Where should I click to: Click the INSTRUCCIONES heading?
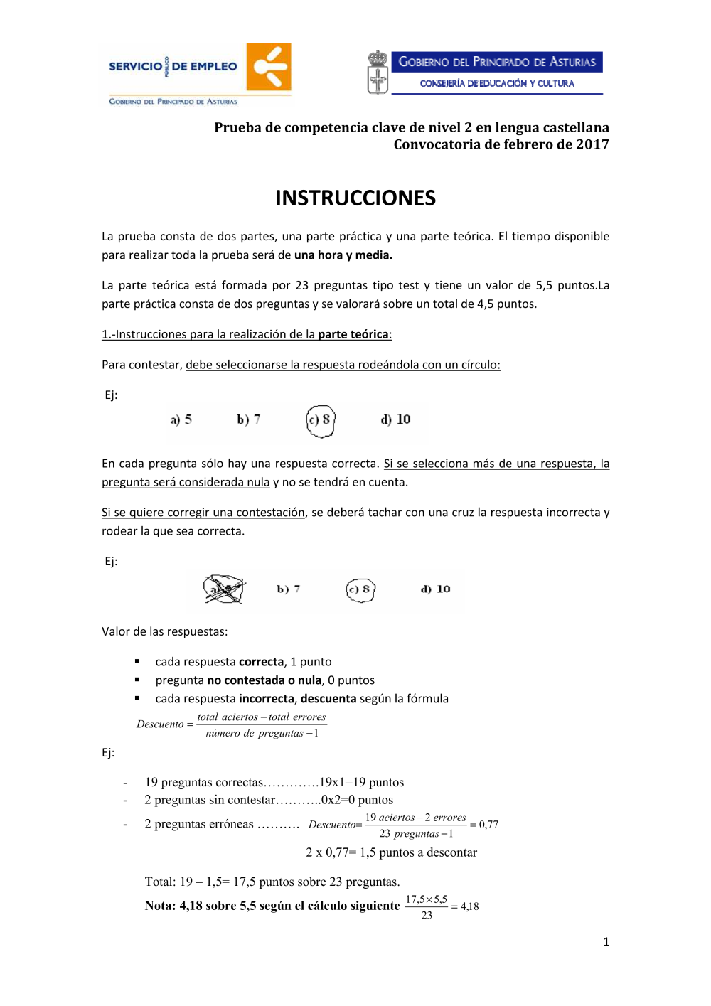click(x=355, y=198)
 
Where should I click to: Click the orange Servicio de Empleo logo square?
click(x=269, y=67)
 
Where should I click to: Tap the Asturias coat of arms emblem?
click(x=378, y=73)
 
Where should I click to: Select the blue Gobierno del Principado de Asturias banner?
click(x=497, y=62)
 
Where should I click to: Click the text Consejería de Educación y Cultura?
click(x=497, y=83)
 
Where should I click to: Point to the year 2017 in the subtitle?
click(x=592, y=144)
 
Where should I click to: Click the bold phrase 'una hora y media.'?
click(x=343, y=255)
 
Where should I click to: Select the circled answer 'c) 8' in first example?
click(x=320, y=420)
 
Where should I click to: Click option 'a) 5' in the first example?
click(x=181, y=419)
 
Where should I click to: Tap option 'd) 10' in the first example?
click(x=396, y=419)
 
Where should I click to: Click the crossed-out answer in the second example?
click(x=224, y=589)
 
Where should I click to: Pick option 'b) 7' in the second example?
click(x=289, y=589)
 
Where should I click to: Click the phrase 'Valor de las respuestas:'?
click(x=164, y=631)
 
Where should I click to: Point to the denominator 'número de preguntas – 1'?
click(x=262, y=733)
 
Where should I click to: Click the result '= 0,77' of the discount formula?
click(x=484, y=825)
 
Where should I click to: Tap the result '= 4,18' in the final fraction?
click(x=465, y=906)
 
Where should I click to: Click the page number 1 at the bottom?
click(x=606, y=942)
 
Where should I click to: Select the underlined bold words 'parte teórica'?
click(x=353, y=334)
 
